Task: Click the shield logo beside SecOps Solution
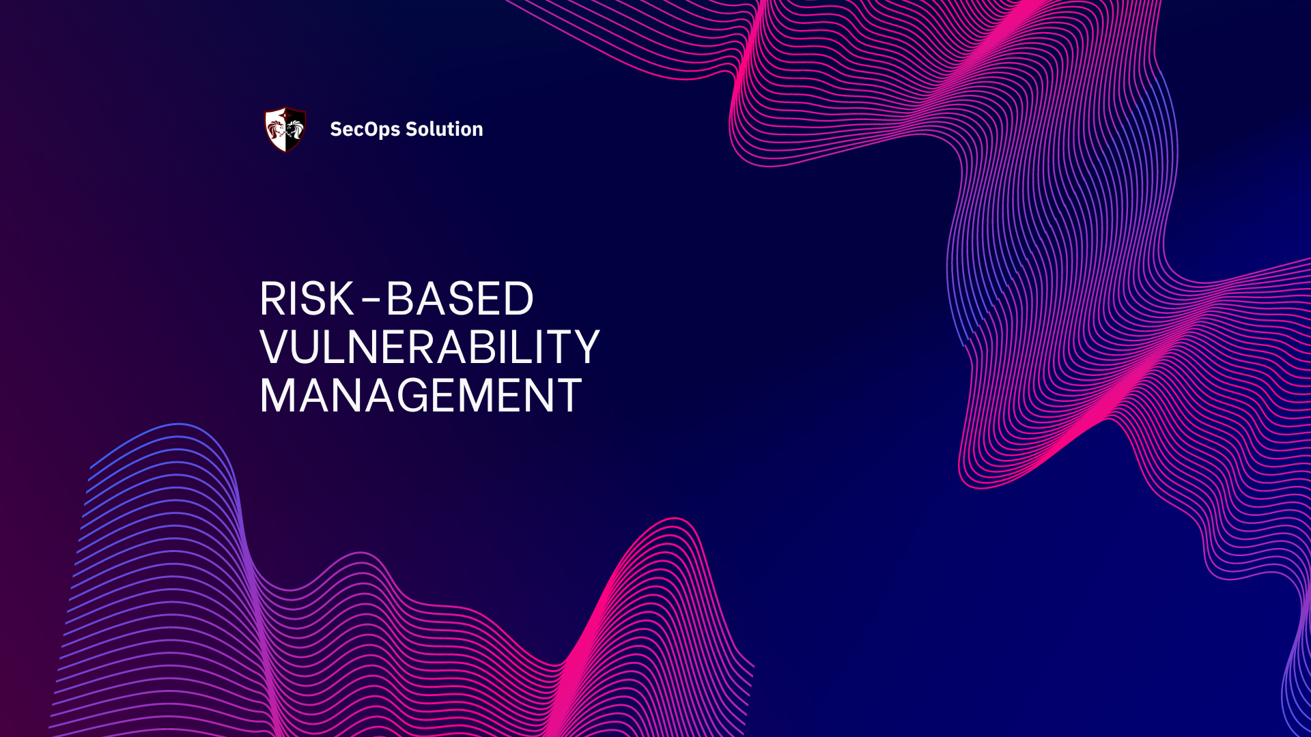click(x=285, y=129)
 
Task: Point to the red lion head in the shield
click(x=276, y=128)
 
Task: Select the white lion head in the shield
click(x=294, y=128)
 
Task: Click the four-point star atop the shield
click(x=285, y=111)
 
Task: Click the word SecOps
click(x=365, y=129)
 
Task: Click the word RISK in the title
click(x=307, y=299)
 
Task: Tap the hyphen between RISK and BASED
click(x=370, y=301)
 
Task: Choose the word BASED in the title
click(x=460, y=299)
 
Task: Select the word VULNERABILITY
click(x=429, y=347)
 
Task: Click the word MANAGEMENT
click(x=421, y=396)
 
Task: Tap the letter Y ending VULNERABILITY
click(x=584, y=347)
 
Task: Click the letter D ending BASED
click(x=517, y=299)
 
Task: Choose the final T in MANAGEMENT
click(x=568, y=396)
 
